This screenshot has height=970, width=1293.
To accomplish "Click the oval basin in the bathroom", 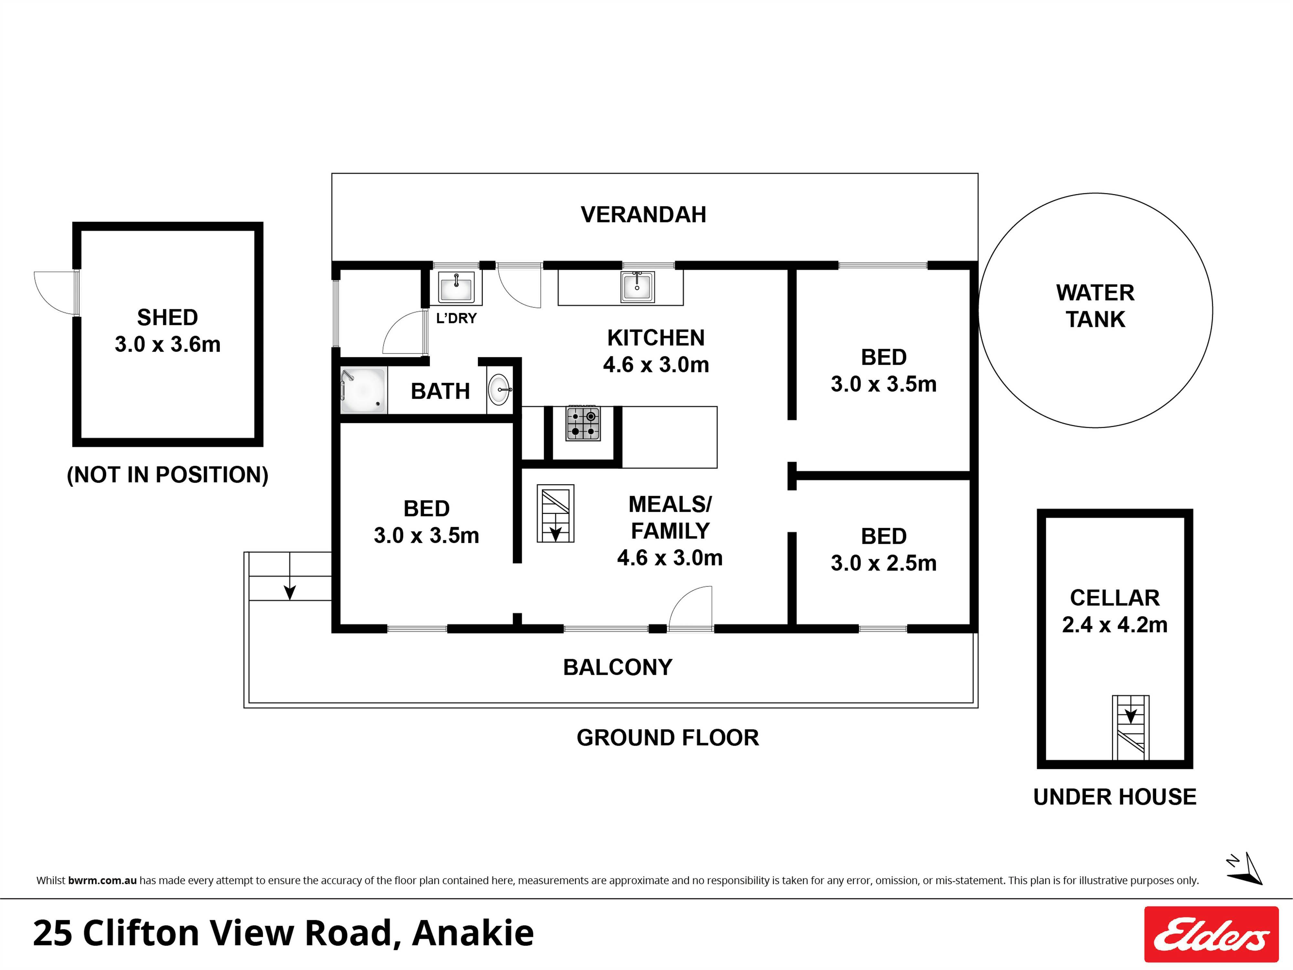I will coord(498,389).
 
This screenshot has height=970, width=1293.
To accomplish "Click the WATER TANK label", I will coord(1095,306).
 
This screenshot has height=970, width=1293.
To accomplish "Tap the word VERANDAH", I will coord(643,215).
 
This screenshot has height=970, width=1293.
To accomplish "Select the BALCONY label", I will coord(617,667).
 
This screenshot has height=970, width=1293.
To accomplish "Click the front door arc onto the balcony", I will coord(691,609).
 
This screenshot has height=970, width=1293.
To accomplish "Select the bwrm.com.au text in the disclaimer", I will coord(102,880).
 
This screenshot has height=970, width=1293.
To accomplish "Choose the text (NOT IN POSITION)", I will coord(168,475).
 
